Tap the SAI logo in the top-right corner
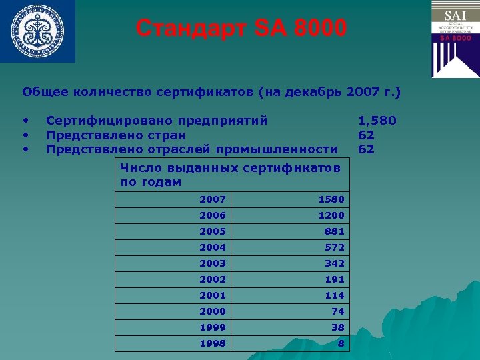455,39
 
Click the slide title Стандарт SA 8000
241,29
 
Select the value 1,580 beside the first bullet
377,121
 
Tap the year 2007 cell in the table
213,199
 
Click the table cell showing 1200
331,215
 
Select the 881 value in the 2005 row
335,231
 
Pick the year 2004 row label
213,247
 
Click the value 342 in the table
335,263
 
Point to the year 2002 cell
213,279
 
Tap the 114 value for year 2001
335,295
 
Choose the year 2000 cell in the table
213,311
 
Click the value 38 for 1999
337,327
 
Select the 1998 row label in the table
213,343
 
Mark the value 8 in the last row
341,343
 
